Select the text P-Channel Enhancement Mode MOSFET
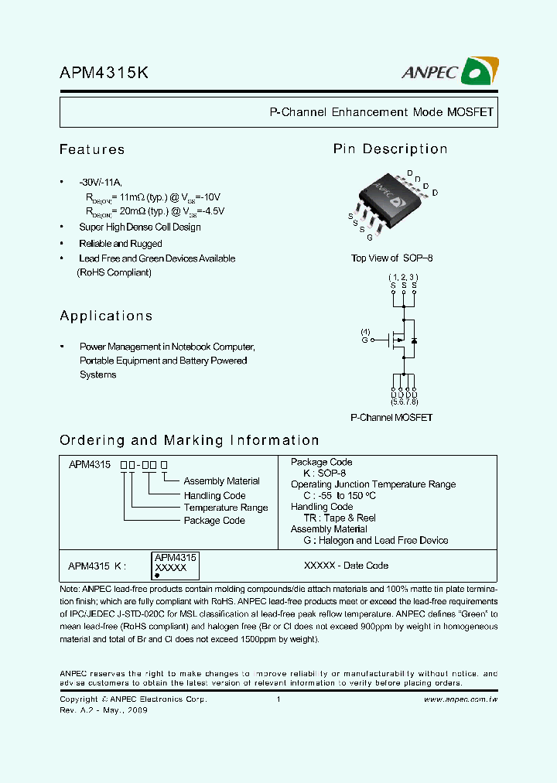pyautogui.click(x=381, y=112)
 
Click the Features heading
pyautogui.click(x=92, y=149)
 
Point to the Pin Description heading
pyautogui.click(x=390, y=149)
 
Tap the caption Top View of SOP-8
pyautogui.click(x=391, y=258)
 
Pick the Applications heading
pyautogui.click(x=106, y=316)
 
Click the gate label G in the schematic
pyautogui.click(x=365, y=340)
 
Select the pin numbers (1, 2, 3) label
pyautogui.click(x=403, y=277)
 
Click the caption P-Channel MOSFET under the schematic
pyautogui.click(x=391, y=418)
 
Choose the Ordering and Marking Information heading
pyautogui.click(x=189, y=440)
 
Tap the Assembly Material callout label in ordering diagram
pyautogui.click(x=221, y=481)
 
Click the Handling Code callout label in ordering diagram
pyautogui.click(x=214, y=495)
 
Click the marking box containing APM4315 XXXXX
pyautogui.click(x=176, y=566)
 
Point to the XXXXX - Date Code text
pyautogui.click(x=347, y=566)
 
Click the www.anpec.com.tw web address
pyautogui.click(x=460, y=699)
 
